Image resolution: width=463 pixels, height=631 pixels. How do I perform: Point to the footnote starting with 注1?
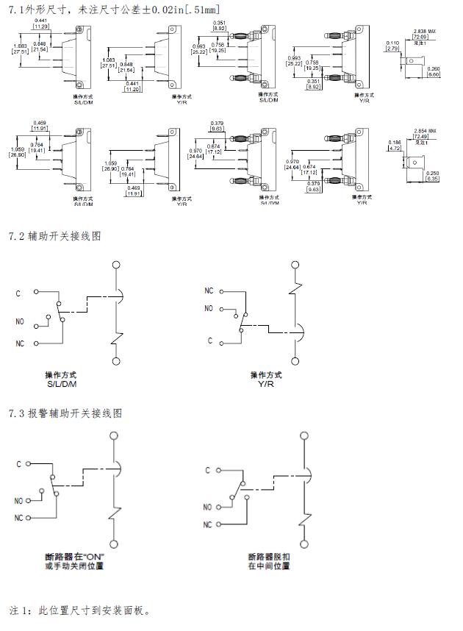click(x=81, y=610)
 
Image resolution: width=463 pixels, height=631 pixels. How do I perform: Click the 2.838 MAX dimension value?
click(x=420, y=31)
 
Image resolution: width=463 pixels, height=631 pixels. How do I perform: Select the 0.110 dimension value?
click(x=392, y=43)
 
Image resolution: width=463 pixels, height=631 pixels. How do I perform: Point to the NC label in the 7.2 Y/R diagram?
click(x=209, y=290)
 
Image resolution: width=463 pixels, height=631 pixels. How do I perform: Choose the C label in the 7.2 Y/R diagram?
click(x=210, y=341)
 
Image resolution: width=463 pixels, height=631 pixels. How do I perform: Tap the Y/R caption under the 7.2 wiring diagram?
click(x=265, y=384)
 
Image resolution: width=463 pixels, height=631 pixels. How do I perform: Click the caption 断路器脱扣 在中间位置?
click(x=269, y=561)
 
